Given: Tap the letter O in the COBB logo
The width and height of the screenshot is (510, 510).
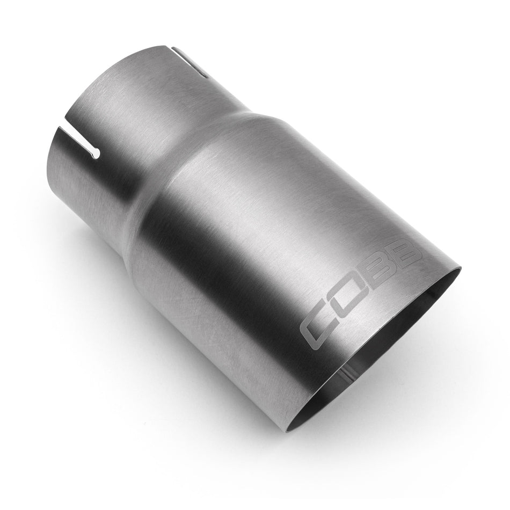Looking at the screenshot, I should pyautogui.click(x=349, y=302).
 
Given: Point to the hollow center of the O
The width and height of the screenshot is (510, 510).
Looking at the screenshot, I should pyautogui.click(x=350, y=302).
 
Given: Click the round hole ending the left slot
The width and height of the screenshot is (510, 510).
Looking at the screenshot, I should pyautogui.click(x=96, y=155).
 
